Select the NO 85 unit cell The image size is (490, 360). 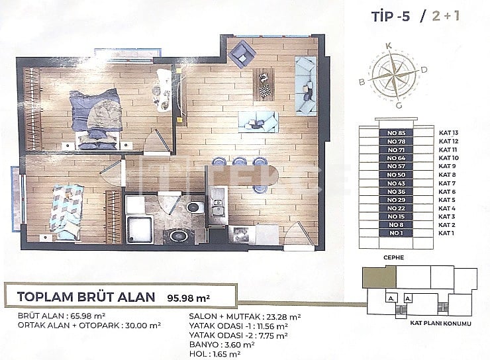pyautogui.click(x=396, y=133)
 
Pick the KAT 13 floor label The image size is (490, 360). pyautogui.click(x=448, y=133)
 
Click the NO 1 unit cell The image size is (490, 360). pyautogui.click(x=396, y=233)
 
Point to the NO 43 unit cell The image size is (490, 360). pyautogui.click(x=396, y=183)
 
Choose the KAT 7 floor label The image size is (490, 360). pyautogui.click(x=447, y=183)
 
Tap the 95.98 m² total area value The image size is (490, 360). pyautogui.click(x=182, y=296)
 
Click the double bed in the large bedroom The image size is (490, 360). pyautogui.click(x=97, y=119)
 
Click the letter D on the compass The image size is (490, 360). pyautogui.click(x=423, y=69)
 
